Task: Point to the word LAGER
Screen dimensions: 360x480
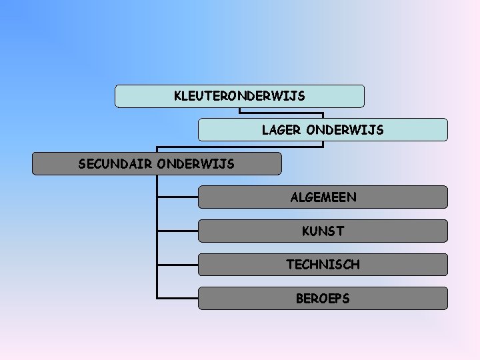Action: point(281,130)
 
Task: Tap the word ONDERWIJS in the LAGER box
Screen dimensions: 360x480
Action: point(345,130)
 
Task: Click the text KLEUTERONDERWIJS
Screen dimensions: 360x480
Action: point(239,96)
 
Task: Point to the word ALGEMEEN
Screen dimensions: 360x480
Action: point(323,197)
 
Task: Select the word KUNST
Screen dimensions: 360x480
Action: point(323,231)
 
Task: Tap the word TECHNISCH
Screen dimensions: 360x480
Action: point(323,265)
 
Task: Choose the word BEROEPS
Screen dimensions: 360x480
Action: point(323,299)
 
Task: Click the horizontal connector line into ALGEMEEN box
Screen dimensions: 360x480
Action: point(178,197)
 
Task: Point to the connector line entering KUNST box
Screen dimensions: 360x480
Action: point(178,231)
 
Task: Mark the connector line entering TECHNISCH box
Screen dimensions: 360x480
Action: point(178,265)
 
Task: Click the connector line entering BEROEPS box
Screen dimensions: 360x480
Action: point(178,297)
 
